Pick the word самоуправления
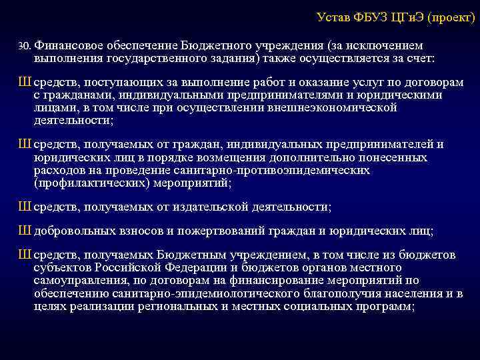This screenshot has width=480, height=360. click(x=78, y=279)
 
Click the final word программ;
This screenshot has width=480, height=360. click(x=387, y=306)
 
